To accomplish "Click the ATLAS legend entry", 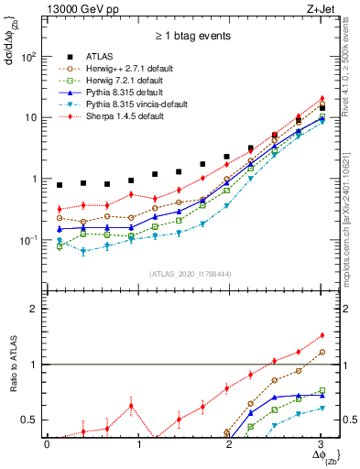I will pyautogui.click(x=102, y=56).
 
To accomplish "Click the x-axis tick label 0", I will pyautogui.click(x=47, y=444).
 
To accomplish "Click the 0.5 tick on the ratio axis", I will pyautogui.click(x=29, y=420).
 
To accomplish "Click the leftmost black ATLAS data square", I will pyautogui.click(x=60, y=185).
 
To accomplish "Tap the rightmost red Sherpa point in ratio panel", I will pyautogui.click(x=321, y=335).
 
